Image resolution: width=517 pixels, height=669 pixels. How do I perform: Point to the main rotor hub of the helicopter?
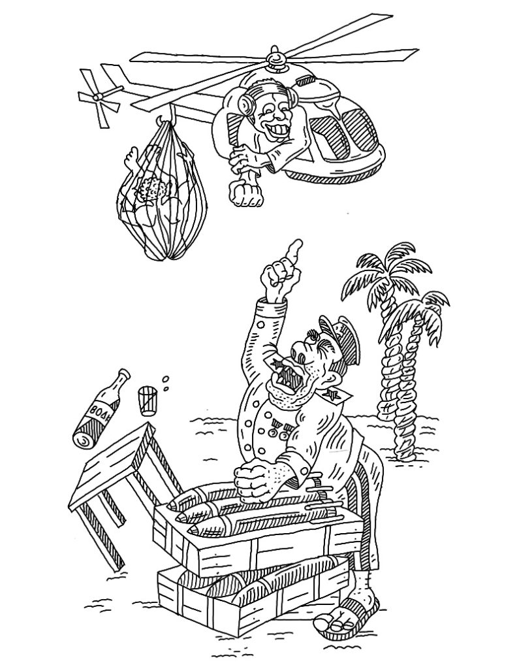coord(275,63)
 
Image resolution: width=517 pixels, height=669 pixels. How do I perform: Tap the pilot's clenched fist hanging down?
coord(243,193)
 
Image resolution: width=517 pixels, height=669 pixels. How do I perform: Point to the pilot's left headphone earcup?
coord(245,104)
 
